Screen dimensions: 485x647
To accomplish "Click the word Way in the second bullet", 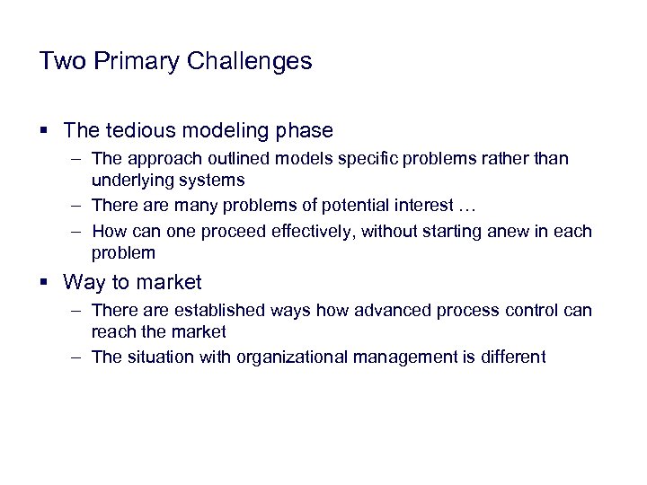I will click(85, 282).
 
